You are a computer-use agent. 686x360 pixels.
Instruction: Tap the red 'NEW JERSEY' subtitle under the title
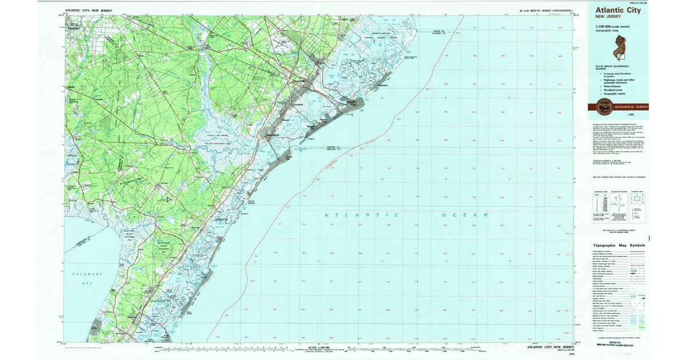pos(608,17)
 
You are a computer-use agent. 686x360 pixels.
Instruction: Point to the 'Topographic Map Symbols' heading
pos(619,245)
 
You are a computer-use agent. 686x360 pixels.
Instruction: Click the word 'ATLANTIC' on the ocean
pos(361,215)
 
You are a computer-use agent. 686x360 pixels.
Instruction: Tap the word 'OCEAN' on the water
pos(464,215)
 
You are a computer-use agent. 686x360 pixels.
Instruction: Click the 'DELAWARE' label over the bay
pos(88,275)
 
